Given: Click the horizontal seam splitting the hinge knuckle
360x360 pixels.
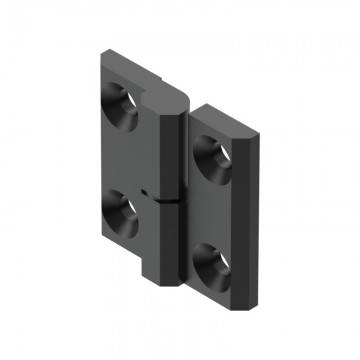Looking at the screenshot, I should pyautogui.click(x=170, y=202).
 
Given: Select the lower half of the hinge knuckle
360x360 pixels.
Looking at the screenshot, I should pyautogui.click(x=170, y=245).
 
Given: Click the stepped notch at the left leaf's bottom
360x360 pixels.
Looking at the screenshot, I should pyautogui.click(x=146, y=270).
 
